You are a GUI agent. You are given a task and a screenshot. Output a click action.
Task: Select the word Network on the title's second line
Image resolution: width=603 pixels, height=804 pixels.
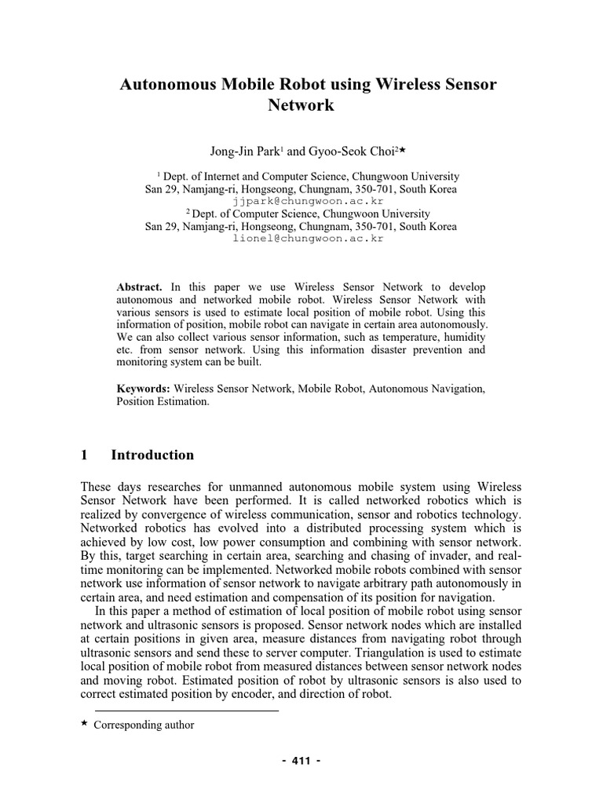(301, 105)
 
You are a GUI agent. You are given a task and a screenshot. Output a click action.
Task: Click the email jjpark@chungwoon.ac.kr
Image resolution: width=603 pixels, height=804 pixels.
(301, 201)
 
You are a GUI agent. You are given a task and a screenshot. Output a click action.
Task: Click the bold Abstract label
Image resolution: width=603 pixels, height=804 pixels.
(139, 288)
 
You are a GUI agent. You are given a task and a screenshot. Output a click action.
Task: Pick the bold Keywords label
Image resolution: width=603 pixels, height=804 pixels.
(143, 389)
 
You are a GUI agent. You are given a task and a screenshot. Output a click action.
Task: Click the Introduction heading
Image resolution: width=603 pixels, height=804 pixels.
(152, 455)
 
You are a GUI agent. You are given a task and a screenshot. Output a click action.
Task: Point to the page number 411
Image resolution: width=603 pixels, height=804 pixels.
(301, 761)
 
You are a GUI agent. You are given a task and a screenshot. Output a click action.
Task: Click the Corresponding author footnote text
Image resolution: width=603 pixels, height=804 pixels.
(144, 725)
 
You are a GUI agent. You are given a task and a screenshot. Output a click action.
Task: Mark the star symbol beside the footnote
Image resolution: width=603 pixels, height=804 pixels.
(85, 724)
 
